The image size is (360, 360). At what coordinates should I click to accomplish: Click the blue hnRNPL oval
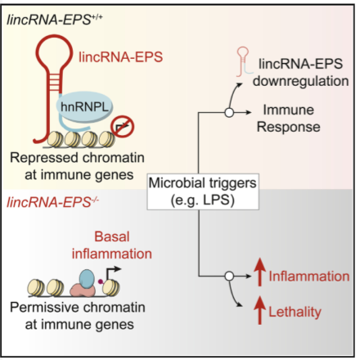(84, 106)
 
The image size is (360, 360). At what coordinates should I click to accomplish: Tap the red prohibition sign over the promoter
(122, 126)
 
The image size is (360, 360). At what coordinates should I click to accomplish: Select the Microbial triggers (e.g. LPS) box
(203, 191)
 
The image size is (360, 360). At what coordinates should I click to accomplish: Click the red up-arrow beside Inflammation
(260, 272)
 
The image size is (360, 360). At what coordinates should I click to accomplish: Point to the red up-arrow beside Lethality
(260, 310)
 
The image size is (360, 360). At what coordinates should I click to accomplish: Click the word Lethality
(295, 312)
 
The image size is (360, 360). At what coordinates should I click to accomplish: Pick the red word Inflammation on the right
(309, 277)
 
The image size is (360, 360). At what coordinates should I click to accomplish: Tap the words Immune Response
(289, 119)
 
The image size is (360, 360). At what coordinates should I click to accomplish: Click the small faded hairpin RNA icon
(244, 61)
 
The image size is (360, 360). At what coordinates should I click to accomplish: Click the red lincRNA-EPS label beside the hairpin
(120, 57)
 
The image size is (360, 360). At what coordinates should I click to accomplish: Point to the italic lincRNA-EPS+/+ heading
(55, 20)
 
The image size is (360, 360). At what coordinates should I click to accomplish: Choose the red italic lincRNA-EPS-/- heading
(52, 202)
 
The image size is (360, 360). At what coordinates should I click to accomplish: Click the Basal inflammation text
(112, 245)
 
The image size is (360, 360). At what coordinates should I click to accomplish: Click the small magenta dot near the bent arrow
(101, 281)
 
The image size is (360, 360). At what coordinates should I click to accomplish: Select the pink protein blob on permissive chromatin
(83, 290)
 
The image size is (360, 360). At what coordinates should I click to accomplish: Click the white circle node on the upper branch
(229, 112)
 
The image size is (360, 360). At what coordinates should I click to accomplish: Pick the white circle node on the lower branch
(229, 277)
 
